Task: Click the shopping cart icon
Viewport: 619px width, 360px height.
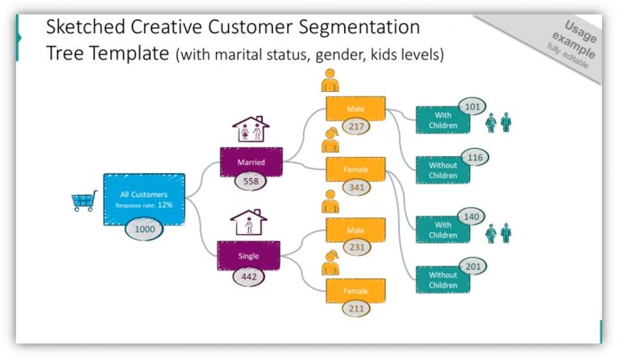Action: pyautogui.click(x=84, y=201)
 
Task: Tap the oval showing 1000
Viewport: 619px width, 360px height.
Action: pyautogui.click(x=144, y=229)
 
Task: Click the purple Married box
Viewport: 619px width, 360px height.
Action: pyautogui.click(x=251, y=161)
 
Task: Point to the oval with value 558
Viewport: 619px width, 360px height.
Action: pyautogui.click(x=251, y=181)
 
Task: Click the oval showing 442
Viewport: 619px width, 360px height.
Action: pyautogui.click(x=249, y=276)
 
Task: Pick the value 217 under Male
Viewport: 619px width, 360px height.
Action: pyautogui.click(x=355, y=126)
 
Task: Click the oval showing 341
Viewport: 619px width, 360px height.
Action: pyautogui.click(x=355, y=188)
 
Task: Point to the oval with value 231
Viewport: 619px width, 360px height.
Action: pyautogui.click(x=355, y=248)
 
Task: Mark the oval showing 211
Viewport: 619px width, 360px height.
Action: pyautogui.click(x=355, y=308)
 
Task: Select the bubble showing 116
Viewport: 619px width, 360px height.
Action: pyautogui.click(x=475, y=157)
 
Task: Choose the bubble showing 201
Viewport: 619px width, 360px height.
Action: pyautogui.click(x=474, y=267)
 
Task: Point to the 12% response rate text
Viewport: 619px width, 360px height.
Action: pyautogui.click(x=165, y=205)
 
